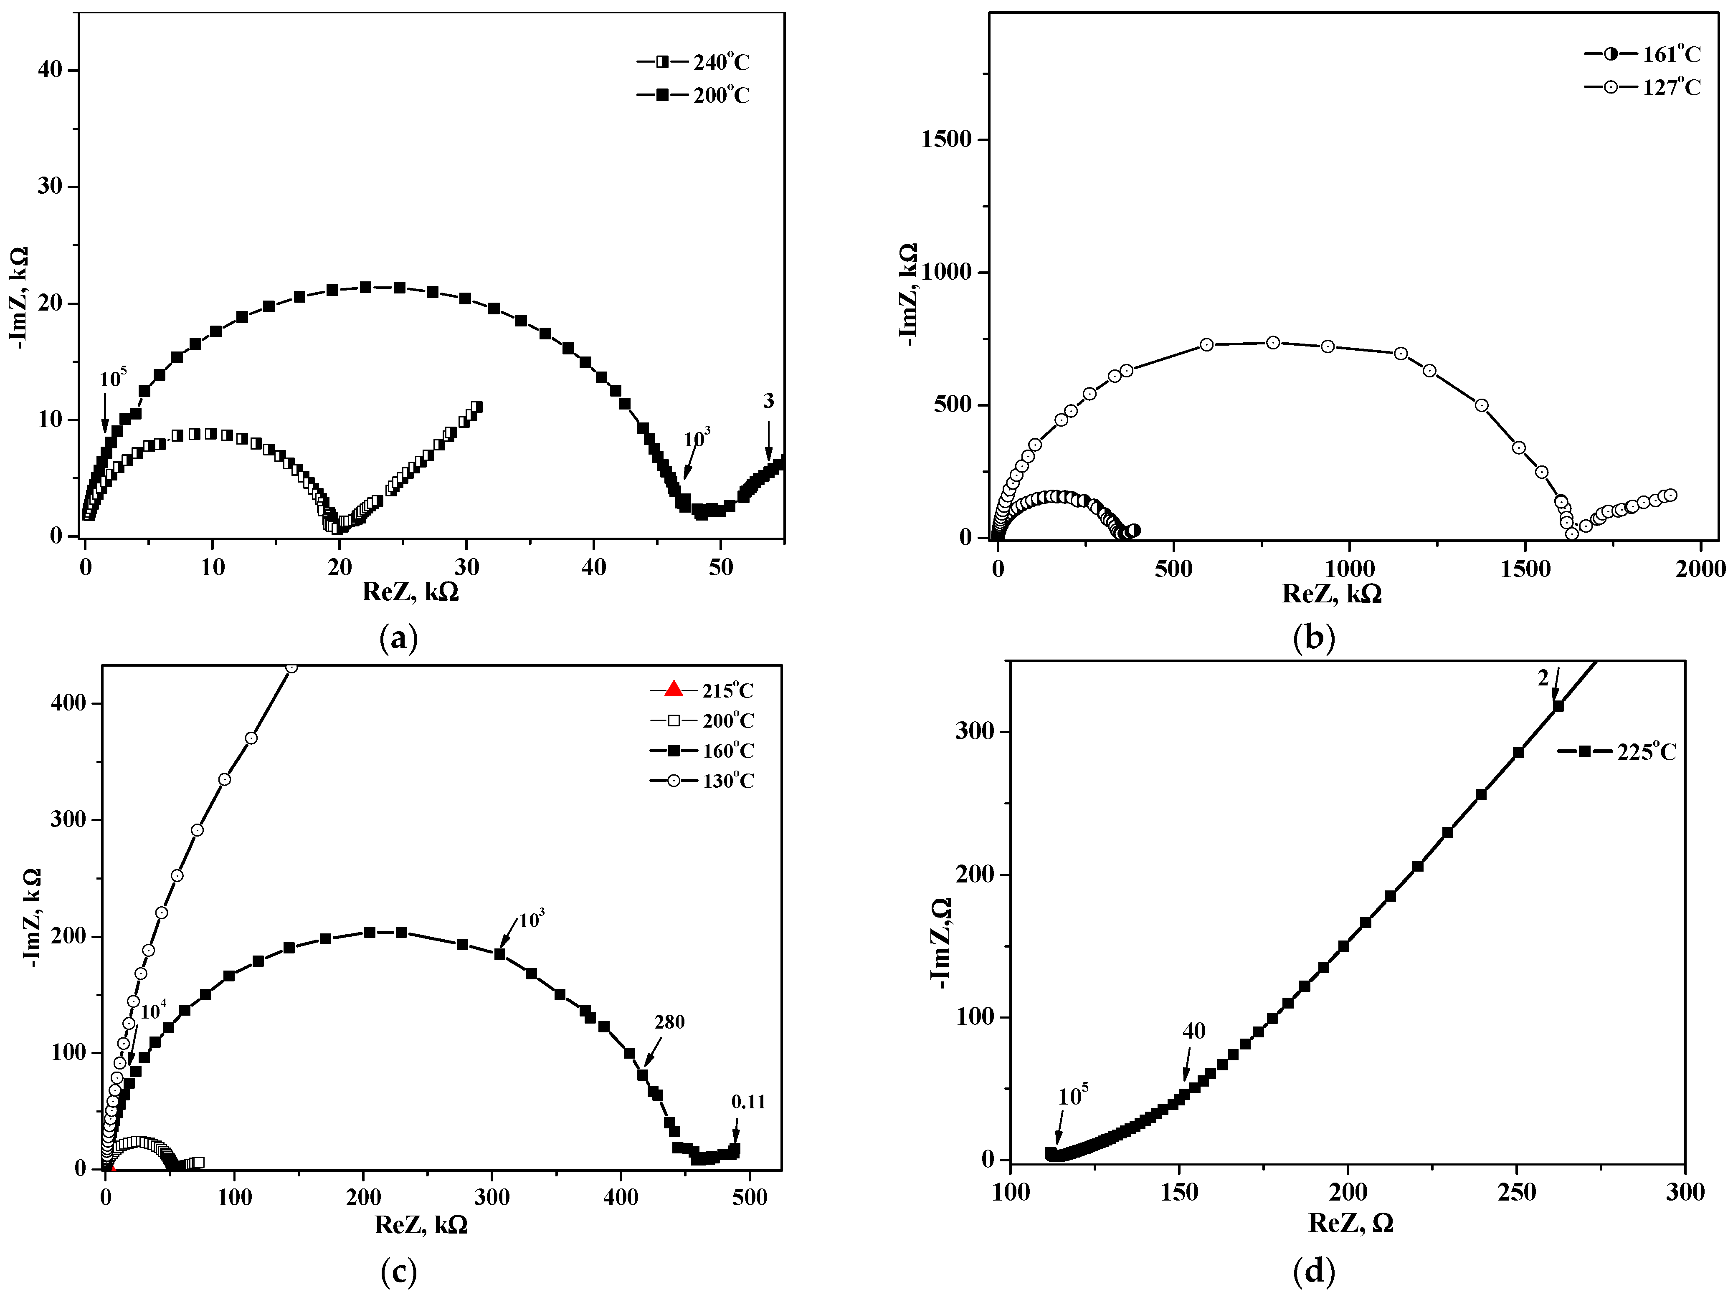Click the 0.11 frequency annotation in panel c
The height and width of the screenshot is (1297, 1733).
tap(748, 1102)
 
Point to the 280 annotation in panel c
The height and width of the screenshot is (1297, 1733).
tap(669, 1022)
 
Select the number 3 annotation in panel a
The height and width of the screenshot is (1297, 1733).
tap(768, 401)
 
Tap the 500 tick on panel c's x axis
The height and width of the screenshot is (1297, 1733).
tap(749, 1198)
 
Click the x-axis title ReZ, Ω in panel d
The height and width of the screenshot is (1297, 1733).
tap(1350, 1223)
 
